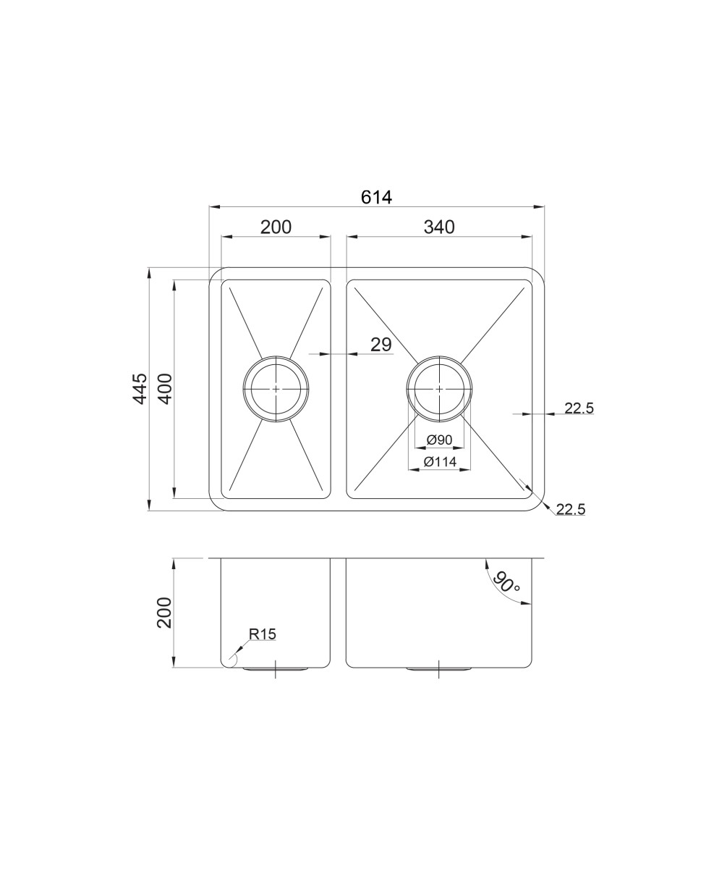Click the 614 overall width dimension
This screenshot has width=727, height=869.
coord(376,196)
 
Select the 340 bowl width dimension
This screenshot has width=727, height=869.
coord(439,227)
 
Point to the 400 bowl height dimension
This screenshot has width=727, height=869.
coord(164,389)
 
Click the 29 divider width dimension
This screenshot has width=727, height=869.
coord(381,345)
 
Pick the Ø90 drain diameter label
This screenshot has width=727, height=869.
coord(439,440)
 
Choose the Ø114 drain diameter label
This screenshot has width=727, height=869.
coord(439,461)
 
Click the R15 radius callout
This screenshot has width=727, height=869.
coord(263,634)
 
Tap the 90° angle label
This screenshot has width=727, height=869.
coord(506,582)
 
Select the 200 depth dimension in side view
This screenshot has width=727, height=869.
coord(164,613)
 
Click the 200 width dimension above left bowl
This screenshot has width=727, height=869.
coord(276,227)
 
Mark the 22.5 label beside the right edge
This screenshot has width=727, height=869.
coord(579,408)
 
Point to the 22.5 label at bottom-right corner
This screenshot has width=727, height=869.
coord(571,510)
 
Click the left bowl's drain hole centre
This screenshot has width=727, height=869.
coord(276,389)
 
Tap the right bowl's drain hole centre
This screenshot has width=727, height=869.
coord(439,389)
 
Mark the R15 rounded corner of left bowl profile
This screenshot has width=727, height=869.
coord(227,661)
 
